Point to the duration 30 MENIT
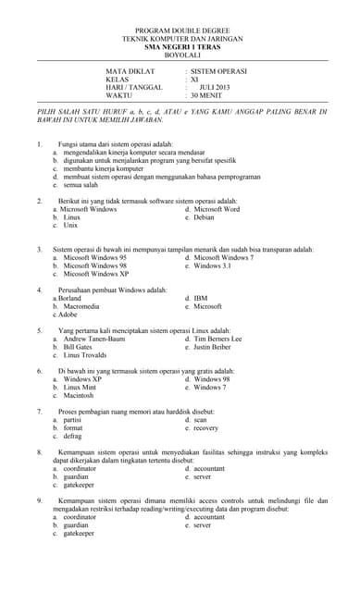click(x=209, y=95)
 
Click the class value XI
click(x=194, y=79)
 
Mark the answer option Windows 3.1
click(x=212, y=265)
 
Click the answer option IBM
click(x=201, y=299)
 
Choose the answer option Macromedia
click(x=81, y=306)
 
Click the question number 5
click(x=40, y=330)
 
